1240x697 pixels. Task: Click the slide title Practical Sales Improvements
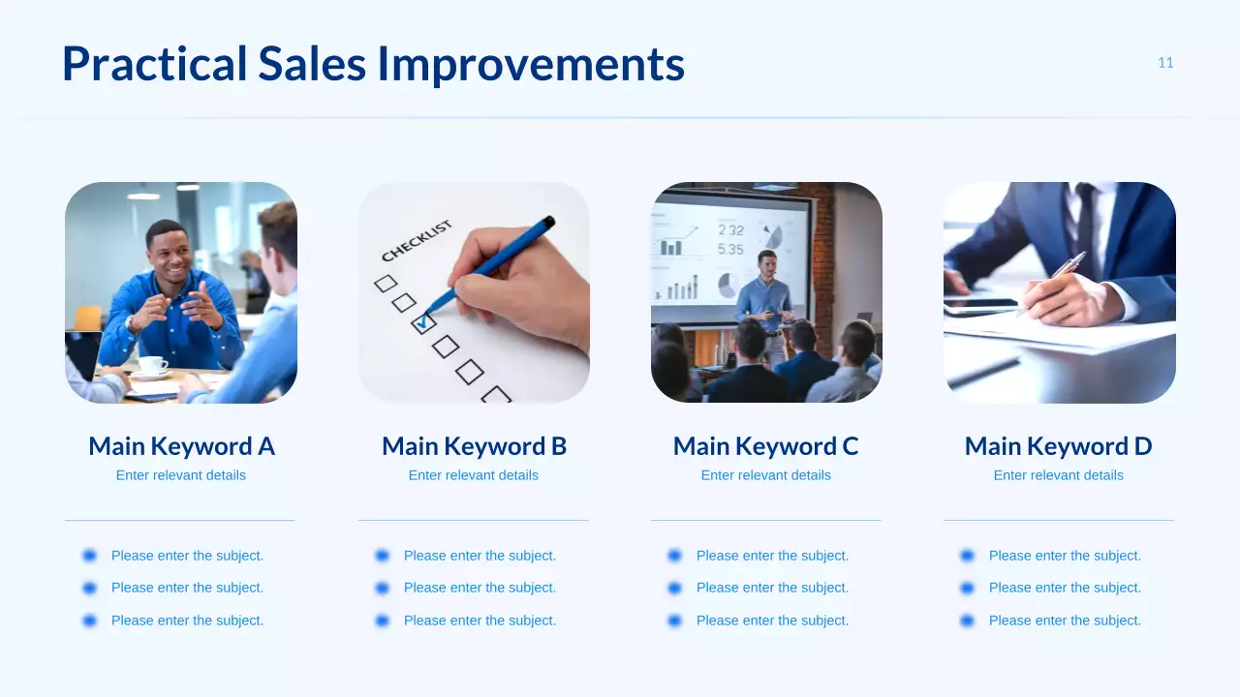373,64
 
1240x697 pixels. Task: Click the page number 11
1165,63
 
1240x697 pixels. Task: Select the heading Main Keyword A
181,446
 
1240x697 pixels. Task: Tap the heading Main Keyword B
474,446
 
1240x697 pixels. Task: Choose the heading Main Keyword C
765,446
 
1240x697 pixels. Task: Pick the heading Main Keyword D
1058,446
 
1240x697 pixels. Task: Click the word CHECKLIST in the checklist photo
417,241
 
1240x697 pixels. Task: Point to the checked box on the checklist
423,323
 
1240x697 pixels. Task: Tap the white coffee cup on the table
151,366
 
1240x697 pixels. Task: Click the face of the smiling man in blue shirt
167,248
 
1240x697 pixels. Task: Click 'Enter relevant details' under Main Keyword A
181,475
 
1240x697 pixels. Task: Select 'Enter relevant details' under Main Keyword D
1058,475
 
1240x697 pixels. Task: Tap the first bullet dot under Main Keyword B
382,556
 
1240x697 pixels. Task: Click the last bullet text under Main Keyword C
772,621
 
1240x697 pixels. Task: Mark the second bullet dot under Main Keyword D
967,588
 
